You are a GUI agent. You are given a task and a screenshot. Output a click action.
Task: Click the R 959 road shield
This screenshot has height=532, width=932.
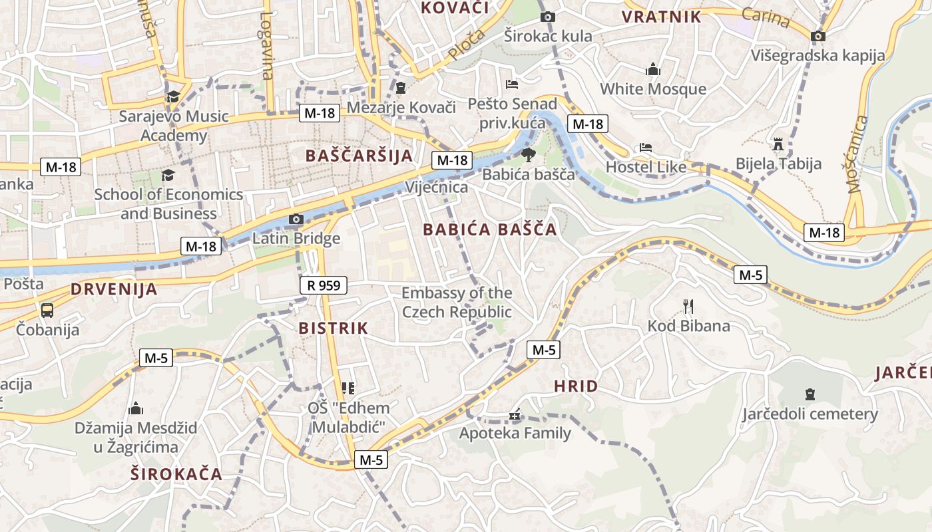point(324,285)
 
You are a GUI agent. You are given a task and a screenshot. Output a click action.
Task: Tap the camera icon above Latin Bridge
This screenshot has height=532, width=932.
point(296,219)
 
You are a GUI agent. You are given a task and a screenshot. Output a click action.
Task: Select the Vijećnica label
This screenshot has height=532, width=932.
point(437,188)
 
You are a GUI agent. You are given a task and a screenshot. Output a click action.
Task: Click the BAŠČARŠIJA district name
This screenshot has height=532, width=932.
point(359,156)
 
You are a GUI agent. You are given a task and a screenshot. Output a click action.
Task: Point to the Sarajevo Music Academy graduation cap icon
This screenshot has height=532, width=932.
point(173,96)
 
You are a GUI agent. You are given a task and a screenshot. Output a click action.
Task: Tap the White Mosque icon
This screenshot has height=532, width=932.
point(652,69)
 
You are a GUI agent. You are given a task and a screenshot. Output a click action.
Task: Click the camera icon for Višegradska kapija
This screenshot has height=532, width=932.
point(818,36)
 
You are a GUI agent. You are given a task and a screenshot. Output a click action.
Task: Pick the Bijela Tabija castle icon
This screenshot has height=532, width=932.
point(778,144)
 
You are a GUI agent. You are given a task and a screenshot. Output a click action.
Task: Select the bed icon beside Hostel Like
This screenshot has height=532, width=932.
point(645,148)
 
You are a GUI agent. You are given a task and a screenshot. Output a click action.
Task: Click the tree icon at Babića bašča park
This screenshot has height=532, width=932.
point(529,156)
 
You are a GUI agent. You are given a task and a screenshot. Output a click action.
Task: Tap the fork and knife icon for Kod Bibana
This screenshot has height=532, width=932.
point(688,307)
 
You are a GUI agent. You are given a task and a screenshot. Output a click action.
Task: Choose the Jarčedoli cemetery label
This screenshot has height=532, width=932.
point(810,414)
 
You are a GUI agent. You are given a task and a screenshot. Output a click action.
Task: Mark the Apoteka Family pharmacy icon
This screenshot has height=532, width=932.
point(514,415)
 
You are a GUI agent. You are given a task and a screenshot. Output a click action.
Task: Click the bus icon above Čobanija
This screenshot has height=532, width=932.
point(47,310)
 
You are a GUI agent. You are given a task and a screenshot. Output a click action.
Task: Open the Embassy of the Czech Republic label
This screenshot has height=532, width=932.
point(457,303)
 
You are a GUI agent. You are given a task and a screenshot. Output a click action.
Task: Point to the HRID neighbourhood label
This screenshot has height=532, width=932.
point(576,386)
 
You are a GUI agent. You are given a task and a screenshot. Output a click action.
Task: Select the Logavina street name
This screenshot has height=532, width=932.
point(267,46)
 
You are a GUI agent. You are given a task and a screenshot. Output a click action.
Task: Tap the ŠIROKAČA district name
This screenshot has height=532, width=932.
point(176,474)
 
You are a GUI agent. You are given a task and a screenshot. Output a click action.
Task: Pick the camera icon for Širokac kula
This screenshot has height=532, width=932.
point(547,17)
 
